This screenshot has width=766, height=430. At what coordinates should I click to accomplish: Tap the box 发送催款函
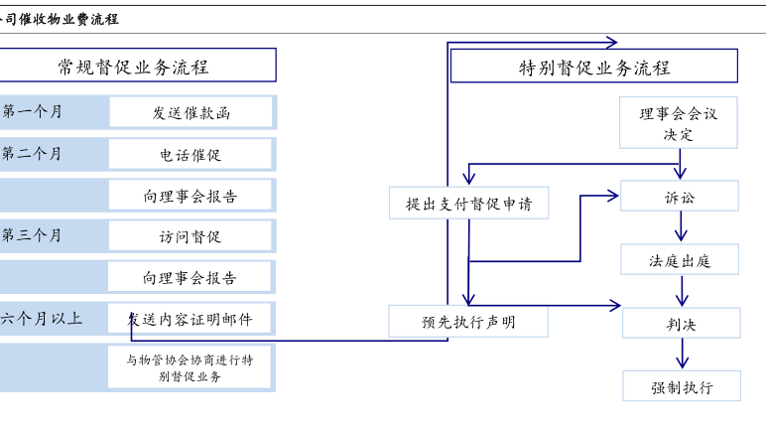(191, 112)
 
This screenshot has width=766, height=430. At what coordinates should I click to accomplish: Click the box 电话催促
(191, 154)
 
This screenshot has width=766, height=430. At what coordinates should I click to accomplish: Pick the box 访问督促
(191, 236)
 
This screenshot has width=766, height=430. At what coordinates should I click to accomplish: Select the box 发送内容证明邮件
(191, 319)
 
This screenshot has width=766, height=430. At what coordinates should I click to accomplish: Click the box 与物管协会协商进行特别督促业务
(191, 367)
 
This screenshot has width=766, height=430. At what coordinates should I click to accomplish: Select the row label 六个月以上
(41, 319)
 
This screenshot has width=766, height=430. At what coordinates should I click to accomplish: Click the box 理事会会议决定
(679, 123)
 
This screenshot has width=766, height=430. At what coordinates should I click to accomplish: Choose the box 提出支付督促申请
(468, 204)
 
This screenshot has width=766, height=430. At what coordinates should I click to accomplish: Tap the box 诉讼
(680, 197)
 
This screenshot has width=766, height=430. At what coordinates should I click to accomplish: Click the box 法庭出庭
(680, 260)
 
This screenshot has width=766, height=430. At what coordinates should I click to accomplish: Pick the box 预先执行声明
(468, 322)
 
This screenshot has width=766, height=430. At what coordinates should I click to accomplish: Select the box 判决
(681, 323)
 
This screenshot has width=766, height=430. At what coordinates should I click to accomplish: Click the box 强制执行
(682, 385)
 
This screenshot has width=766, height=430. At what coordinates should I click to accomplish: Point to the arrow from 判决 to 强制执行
(682, 355)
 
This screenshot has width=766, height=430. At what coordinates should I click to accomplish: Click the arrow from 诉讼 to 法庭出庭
(681, 227)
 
